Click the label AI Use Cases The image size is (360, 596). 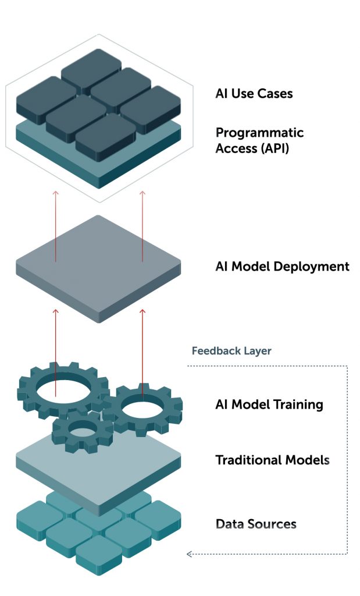pyautogui.click(x=254, y=93)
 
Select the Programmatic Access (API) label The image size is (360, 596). pyautogui.click(x=259, y=140)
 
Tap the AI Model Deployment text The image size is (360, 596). pyautogui.click(x=282, y=267)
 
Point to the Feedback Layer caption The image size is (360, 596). pyautogui.click(x=231, y=351)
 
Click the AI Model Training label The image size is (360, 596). pyautogui.click(x=269, y=405)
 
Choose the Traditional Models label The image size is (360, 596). pyautogui.click(x=272, y=460)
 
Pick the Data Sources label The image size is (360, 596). pyautogui.click(x=256, y=524)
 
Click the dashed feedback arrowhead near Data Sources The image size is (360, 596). pyautogui.click(x=189, y=554)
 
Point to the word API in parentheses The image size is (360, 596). pyautogui.click(x=277, y=148)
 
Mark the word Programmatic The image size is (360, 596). pyautogui.click(x=259, y=133)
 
